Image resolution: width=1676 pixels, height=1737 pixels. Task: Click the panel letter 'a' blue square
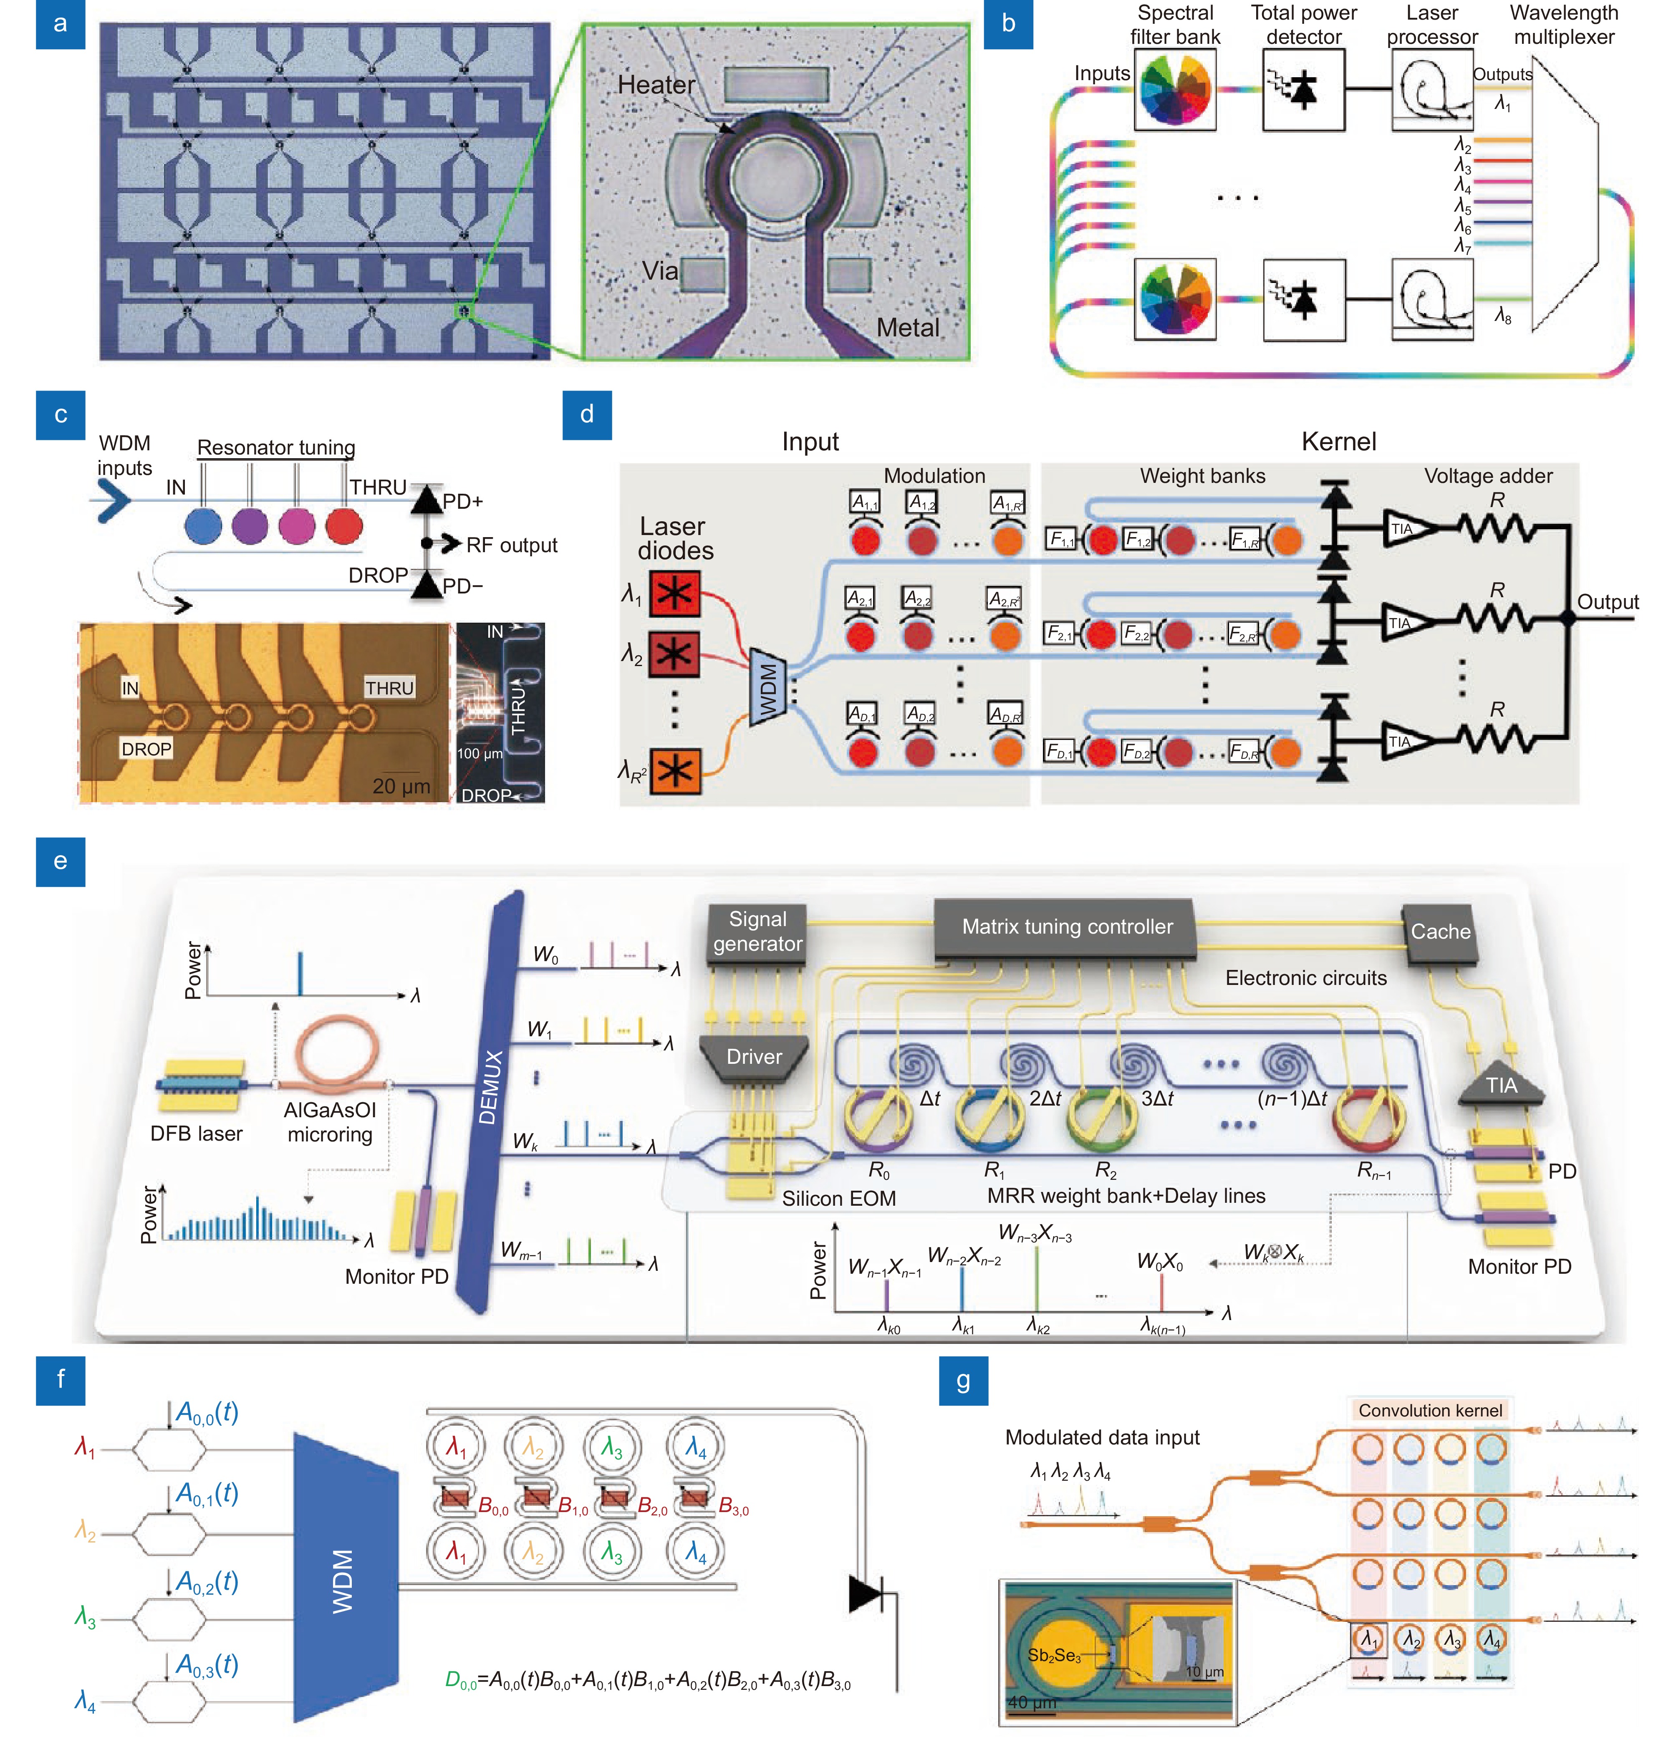[60, 24]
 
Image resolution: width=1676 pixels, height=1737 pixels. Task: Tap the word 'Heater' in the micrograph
[656, 85]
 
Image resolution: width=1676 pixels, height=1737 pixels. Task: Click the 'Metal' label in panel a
[908, 328]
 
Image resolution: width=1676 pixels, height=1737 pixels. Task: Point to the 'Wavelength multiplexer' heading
[1563, 25]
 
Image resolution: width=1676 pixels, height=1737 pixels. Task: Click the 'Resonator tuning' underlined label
[275, 447]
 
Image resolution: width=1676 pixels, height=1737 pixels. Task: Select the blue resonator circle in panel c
[203, 525]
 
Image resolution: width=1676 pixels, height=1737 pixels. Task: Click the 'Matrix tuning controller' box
[1066, 927]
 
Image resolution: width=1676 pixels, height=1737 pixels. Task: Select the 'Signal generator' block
[757, 932]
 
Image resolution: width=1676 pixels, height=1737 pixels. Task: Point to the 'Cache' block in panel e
[1439, 932]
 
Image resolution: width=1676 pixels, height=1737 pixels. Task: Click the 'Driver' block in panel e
[754, 1056]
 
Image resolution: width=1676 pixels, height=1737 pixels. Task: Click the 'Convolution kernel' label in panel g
[1430, 1410]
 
